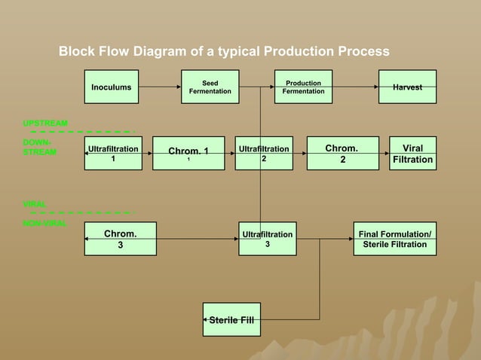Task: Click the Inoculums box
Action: pyautogui.click(x=112, y=87)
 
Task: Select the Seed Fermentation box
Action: pyautogui.click(x=210, y=87)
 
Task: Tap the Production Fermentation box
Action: pyautogui.click(x=303, y=87)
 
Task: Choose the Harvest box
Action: pyautogui.click(x=408, y=87)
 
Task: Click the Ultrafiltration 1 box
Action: pyautogui.click(x=113, y=154)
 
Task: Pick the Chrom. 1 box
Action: pyautogui.click(x=188, y=154)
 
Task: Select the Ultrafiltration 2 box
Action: pyautogui.click(x=264, y=154)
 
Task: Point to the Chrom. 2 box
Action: pyautogui.click(x=342, y=154)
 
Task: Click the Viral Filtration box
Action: pyautogui.click(x=413, y=154)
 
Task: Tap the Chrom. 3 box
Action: pyautogui.click(x=120, y=239)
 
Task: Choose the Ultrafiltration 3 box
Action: pyautogui.click(x=267, y=239)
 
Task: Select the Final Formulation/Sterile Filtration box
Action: pyautogui.click(x=395, y=239)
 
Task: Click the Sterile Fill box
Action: pyautogui.click(x=231, y=320)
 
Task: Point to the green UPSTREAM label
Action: pyautogui.click(x=44, y=123)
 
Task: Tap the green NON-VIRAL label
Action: pyautogui.click(x=44, y=224)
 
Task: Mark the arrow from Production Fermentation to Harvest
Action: pyautogui.click(x=354, y=87)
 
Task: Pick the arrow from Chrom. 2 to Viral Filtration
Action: pyautogui.click(x=384, y=154)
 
